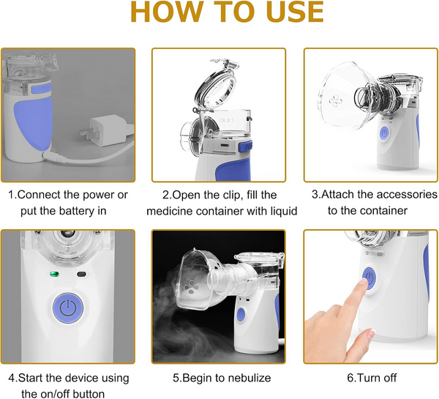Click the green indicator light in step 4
click(53, 276)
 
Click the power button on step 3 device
click(383, 133)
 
